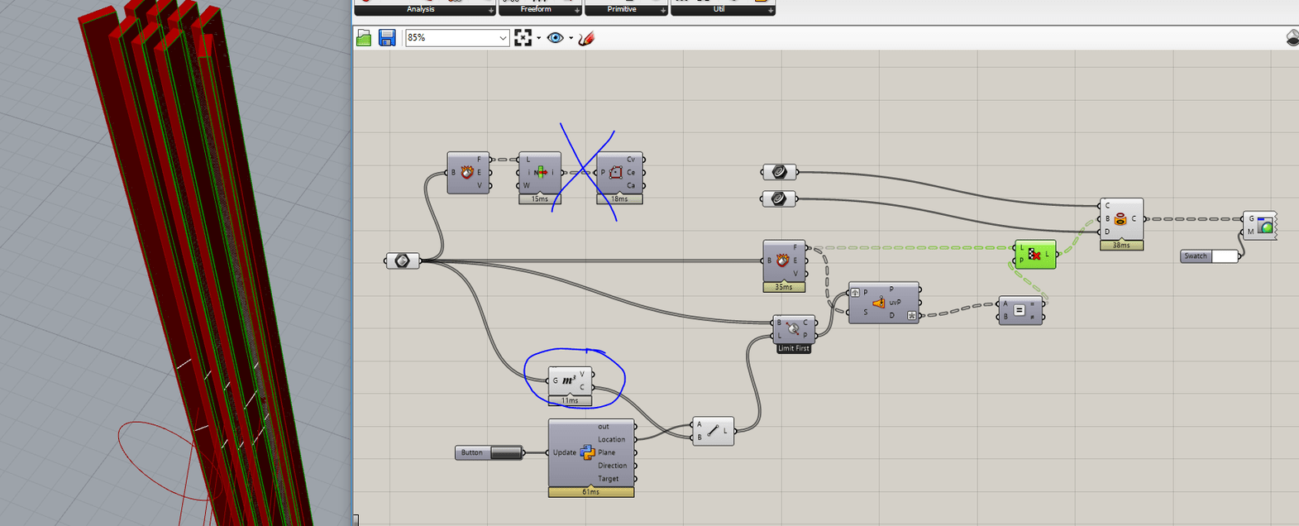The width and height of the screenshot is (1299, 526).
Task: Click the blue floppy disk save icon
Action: pos(387,38)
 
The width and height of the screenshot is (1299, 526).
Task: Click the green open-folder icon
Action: pos(364,38)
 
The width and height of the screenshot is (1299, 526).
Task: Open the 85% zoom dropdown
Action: pos(503,38)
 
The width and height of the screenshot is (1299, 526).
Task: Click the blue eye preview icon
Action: pos(555,38)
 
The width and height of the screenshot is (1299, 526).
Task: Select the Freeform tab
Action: pos(536,9)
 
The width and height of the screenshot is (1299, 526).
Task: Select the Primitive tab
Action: pos(622,9)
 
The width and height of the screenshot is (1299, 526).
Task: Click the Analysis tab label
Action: pos(420,9)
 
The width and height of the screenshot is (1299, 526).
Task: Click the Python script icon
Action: pos(587,452)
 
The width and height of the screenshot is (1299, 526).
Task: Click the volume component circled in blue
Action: pos(570,380)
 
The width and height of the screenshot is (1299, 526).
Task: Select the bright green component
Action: pos(1035,255)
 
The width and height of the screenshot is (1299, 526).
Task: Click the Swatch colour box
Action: pos(1224,256)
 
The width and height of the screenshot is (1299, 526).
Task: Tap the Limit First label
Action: pos(793,348)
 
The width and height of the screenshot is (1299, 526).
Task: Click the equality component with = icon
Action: pos(1020,310)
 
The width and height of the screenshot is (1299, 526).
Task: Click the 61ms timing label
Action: pos(590,492)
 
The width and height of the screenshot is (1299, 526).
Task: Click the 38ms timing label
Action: pos(1121,245)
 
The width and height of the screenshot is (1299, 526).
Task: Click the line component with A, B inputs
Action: pos(712,431)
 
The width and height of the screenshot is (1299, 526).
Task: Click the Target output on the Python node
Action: pos(609,479)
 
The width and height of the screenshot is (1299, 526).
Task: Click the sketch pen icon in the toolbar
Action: pos(585,38)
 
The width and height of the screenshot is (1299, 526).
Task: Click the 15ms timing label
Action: pos(539,198)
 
